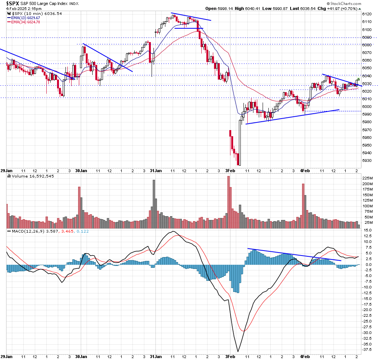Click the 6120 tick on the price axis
point(367,14)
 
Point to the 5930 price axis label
point(367,161)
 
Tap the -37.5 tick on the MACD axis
point(367,349)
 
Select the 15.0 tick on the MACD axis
point(367,230)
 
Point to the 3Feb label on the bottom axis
point(230,171)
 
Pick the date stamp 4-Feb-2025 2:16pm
point(17,8)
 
